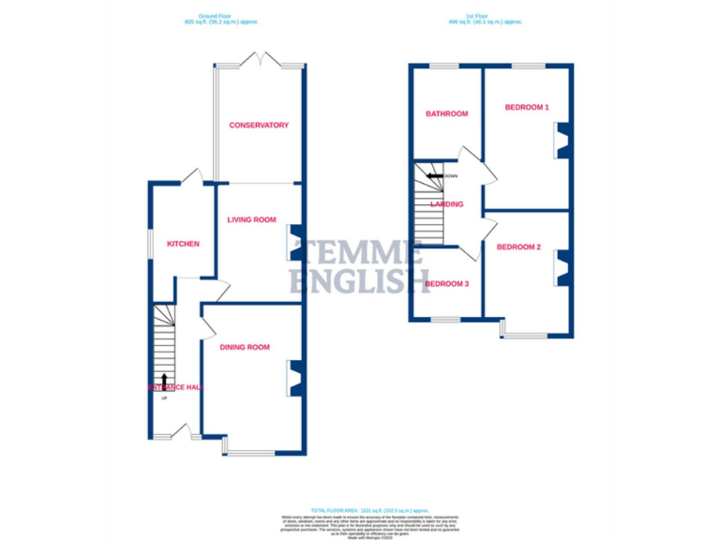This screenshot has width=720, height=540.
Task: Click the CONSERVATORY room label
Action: (259, 125)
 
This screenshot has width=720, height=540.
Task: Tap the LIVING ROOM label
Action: (251, 219)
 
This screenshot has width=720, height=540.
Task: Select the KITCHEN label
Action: (183, 244)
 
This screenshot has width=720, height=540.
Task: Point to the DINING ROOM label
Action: (245, 347)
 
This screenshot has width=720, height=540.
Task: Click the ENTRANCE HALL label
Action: (175, 386)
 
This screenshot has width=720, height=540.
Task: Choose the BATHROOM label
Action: (446, 114)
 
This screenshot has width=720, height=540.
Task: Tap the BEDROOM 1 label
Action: (526, 107)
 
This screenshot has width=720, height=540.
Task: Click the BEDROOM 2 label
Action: (518, 247)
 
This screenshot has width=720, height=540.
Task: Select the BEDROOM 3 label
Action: (446, 284)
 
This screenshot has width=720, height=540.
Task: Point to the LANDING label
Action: (447, 203)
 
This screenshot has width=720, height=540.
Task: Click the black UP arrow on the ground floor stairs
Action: (165, 381)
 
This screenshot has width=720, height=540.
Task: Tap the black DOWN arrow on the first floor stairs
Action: (435, 175)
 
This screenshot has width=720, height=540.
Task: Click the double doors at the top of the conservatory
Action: (260, 59)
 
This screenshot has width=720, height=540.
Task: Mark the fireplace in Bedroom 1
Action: (562, 141)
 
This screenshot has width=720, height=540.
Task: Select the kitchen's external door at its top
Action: (192, 176)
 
